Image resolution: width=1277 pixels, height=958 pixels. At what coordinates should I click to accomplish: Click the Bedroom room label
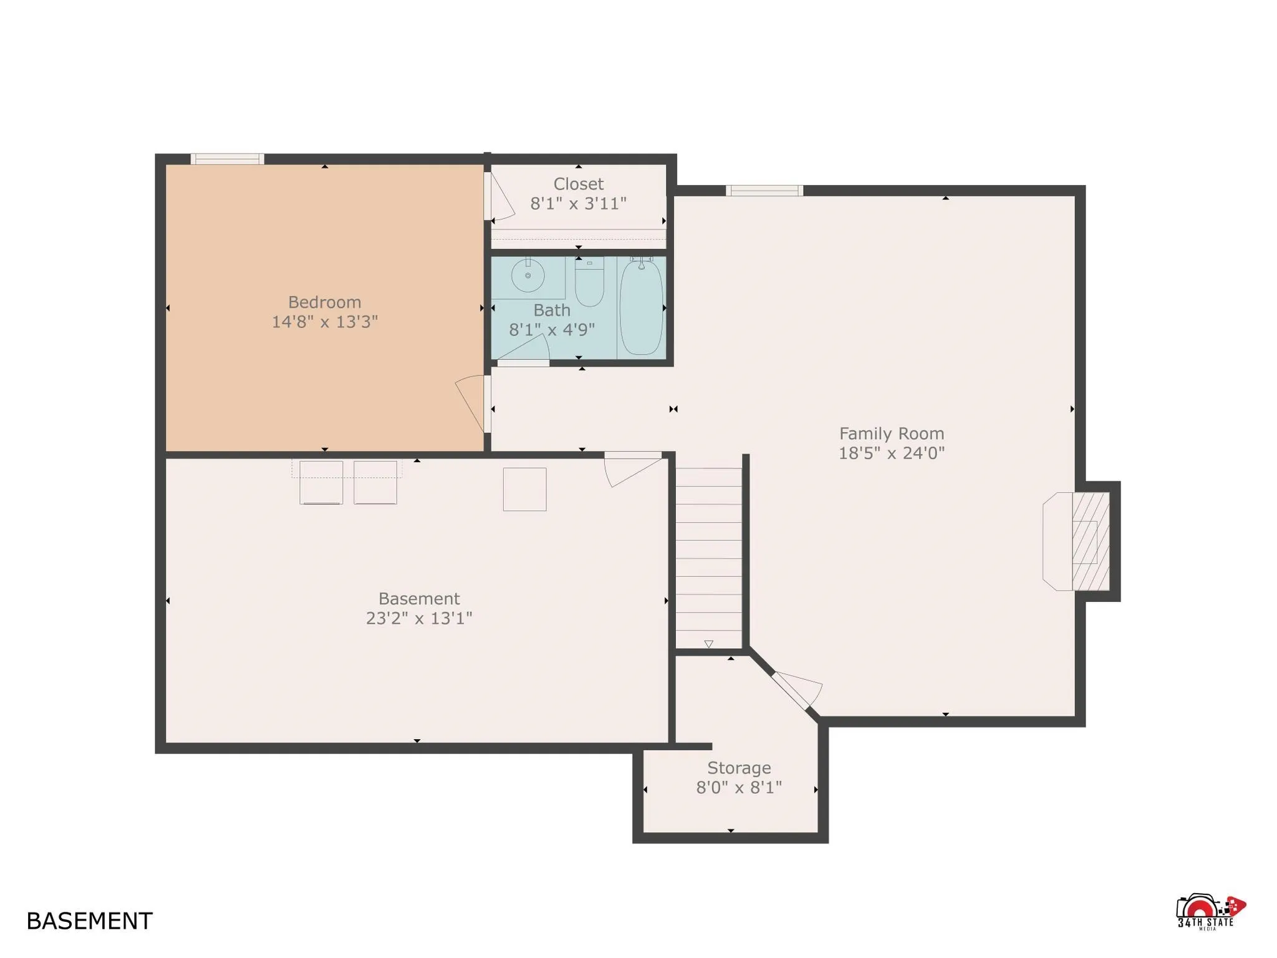pos(324,302)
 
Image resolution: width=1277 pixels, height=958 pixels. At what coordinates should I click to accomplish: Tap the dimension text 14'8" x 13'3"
pos(324,322)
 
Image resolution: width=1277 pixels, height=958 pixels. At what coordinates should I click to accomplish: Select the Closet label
pos(578,184)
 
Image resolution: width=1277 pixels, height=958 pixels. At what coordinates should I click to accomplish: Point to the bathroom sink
pos(528,275)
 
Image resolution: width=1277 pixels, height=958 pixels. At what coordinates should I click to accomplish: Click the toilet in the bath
pos(589,284)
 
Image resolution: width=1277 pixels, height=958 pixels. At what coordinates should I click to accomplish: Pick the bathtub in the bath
pos(641,307)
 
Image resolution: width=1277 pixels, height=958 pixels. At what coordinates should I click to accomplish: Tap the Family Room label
pos(891,433)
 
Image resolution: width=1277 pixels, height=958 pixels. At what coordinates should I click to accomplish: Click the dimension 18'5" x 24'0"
pos(891,453)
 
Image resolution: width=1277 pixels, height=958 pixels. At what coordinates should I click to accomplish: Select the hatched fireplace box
pos(1090,541)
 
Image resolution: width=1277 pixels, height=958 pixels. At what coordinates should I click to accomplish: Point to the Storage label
pos(738,768)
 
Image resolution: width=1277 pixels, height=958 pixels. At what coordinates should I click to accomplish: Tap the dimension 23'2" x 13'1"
pos(418,618)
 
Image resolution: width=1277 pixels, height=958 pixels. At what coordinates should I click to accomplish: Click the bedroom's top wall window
pos(227,159)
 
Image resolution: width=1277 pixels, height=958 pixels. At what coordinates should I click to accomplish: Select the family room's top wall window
pos(764,191)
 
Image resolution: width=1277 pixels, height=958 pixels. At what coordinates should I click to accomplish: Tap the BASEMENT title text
pos(89,921)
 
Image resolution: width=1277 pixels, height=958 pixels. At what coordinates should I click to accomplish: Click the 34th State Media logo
pos(1209,913)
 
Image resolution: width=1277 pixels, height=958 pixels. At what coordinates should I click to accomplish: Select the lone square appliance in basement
pos(524,489)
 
